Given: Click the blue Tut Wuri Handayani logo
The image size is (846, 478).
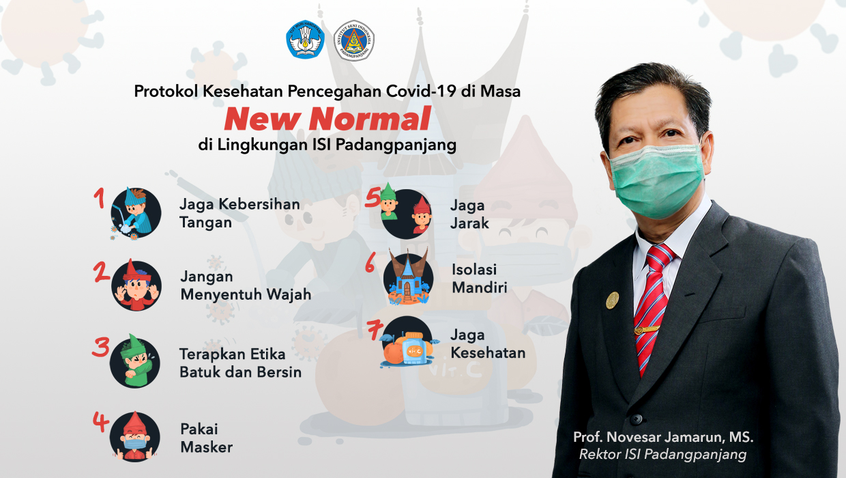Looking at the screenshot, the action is (x=305, y=40).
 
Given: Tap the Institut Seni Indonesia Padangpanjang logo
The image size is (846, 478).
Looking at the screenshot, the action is (x=354, y=40).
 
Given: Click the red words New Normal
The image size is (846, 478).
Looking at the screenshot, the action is (x=327, y=119).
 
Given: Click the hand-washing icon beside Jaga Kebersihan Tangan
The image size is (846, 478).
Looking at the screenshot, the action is (x=135, y=213).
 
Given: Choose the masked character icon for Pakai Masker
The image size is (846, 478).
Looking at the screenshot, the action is (x=135, y=436).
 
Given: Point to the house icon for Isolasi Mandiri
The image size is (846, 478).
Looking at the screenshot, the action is (x=408, y=277).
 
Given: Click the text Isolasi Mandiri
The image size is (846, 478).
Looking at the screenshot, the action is (x=480, y=279).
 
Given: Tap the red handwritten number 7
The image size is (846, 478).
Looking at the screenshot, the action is (x=375, y=331).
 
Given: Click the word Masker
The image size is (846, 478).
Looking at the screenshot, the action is (x=207, y=447).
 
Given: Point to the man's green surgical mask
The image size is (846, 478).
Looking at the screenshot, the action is (x=656, y=181).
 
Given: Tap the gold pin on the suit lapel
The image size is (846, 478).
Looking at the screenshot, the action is (x=612, y=300).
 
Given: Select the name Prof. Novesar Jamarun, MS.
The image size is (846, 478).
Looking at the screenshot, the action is (x=663, y=437).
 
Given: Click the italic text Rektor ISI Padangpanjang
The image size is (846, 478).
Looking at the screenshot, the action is (x=663, y=454).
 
